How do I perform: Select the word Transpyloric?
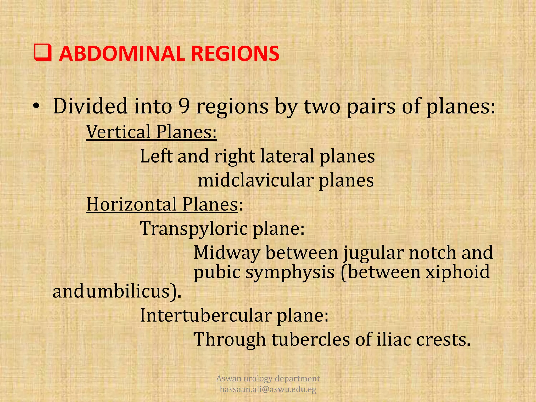click(194, 228)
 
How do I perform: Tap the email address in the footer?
click(268, 389)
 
